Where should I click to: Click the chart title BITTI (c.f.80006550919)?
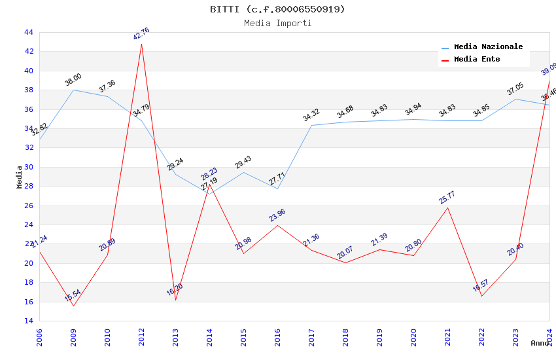277,9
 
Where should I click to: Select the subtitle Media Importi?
277,23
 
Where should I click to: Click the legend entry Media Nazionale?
488,47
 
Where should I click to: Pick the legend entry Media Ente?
477,60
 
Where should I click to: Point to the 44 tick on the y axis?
28,32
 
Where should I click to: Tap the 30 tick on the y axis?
28,167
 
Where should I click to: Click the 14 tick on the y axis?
28,321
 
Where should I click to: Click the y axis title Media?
20,177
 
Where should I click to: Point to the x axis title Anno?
540,343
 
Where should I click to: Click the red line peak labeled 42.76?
141,44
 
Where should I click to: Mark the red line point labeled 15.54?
73,306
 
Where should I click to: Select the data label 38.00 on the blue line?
73,80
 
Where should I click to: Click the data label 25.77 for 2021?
447,198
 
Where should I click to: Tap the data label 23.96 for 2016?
277,215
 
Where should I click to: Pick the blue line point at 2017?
311,125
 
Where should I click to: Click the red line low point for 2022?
481,296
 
